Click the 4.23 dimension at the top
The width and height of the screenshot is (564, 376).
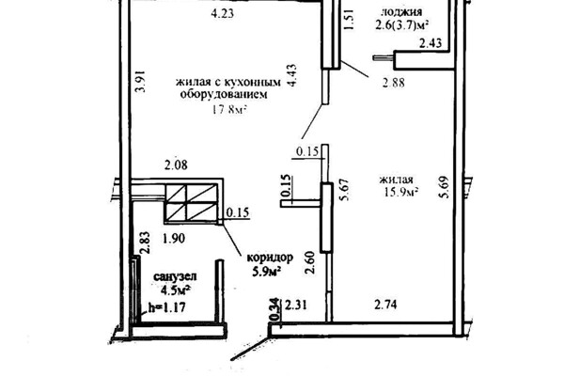click(222, 13)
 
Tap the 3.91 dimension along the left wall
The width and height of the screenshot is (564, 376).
click(141, 81)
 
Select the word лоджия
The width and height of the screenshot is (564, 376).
click(401, 12)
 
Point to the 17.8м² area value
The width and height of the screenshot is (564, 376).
click(229, 109)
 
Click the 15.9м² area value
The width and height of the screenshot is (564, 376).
click(401, 192)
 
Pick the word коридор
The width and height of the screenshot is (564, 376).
click(270, 258)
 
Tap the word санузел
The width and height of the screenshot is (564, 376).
click(175, 276)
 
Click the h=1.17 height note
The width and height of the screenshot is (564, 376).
click(167, 307)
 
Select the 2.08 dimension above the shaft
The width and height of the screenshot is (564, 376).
click(176, 165)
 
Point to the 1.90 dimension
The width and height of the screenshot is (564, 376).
click(174, 239)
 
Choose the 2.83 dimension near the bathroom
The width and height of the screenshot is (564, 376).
click(145, 243)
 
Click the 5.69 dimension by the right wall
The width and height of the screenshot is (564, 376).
click(444, 187)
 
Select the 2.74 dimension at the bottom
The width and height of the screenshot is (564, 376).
click(385, 305)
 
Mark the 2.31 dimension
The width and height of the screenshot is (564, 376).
click(296, 305)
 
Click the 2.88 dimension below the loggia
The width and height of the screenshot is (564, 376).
click(394, 83)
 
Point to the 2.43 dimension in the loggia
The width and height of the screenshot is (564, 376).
click(431, 43)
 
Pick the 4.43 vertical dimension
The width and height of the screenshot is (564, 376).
click(291, 75)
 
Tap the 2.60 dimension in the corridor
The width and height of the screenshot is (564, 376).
click(309, 262)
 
